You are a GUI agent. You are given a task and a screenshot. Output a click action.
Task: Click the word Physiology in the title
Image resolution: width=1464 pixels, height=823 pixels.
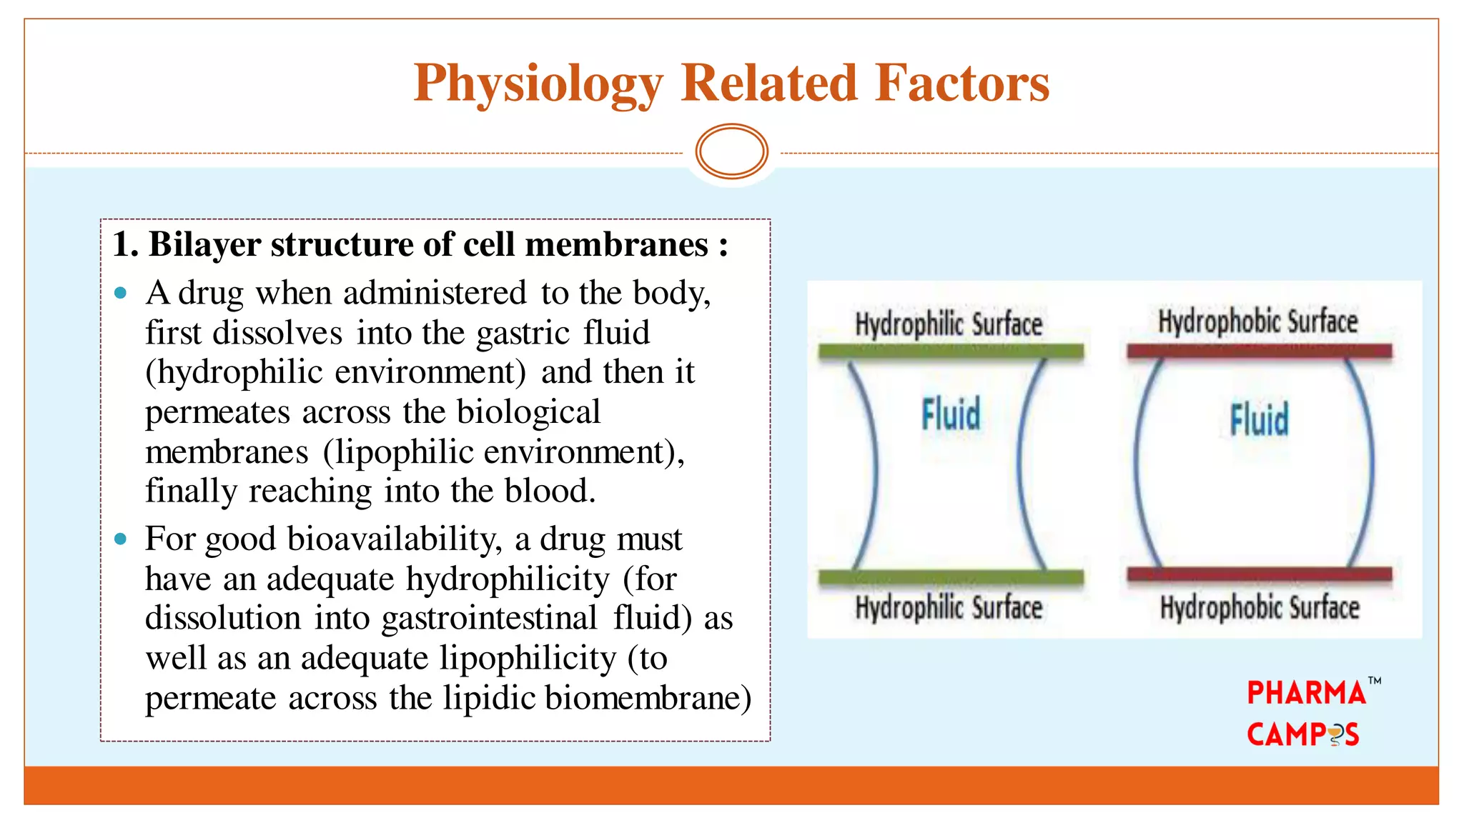538,84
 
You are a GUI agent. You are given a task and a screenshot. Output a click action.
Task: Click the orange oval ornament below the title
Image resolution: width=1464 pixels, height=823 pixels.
731,151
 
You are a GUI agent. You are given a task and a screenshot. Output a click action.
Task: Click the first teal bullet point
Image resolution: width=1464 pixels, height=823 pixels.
121,293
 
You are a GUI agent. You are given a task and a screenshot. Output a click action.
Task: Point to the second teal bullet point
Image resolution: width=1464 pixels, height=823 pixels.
121,539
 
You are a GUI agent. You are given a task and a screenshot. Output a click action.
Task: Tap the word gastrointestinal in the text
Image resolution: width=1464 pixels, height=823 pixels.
489,618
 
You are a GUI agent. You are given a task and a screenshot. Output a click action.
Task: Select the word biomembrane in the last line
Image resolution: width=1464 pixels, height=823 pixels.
648,698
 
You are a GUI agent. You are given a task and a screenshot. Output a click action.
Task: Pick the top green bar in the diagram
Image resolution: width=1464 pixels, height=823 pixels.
951,351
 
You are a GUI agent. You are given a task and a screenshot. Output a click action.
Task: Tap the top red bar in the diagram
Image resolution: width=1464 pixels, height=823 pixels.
1260,351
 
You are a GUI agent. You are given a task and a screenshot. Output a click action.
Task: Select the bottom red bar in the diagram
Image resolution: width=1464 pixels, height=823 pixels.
1260,574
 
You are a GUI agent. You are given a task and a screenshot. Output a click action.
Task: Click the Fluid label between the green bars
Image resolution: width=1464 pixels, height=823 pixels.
951,415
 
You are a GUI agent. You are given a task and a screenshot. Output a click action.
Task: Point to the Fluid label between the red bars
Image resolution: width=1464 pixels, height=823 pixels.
1260,419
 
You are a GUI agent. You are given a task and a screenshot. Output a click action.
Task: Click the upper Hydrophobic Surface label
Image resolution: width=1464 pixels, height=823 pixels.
1258,321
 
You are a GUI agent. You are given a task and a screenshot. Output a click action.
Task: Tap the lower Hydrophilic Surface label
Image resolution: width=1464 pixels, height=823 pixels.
949,608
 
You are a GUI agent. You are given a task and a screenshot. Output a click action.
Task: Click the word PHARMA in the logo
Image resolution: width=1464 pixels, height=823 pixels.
1306,693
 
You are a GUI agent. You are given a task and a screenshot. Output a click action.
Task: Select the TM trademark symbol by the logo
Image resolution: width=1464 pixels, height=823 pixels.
1374,681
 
